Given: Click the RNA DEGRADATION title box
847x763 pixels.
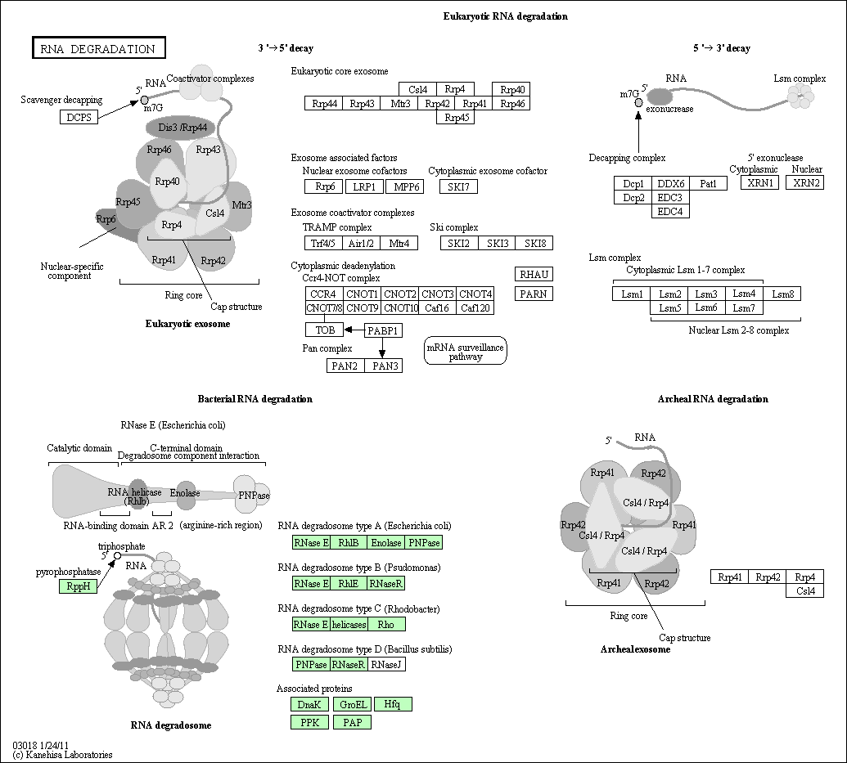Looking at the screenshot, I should point(98,48).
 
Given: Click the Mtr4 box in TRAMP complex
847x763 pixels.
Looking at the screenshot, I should point(399,243).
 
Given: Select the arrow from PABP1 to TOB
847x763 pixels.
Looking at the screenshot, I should point(354,330).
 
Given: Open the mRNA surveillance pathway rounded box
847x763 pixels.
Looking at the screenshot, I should point(466,352).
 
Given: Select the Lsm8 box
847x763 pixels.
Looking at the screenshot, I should point(782,294).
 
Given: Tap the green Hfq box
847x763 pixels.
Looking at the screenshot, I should point(393,704).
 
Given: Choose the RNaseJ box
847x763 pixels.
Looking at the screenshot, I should point(387,664).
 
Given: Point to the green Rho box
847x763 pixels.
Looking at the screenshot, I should point(387,624).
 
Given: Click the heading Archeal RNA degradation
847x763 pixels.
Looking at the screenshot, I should point(713,399).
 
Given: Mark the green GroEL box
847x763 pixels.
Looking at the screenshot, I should point(353,704).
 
